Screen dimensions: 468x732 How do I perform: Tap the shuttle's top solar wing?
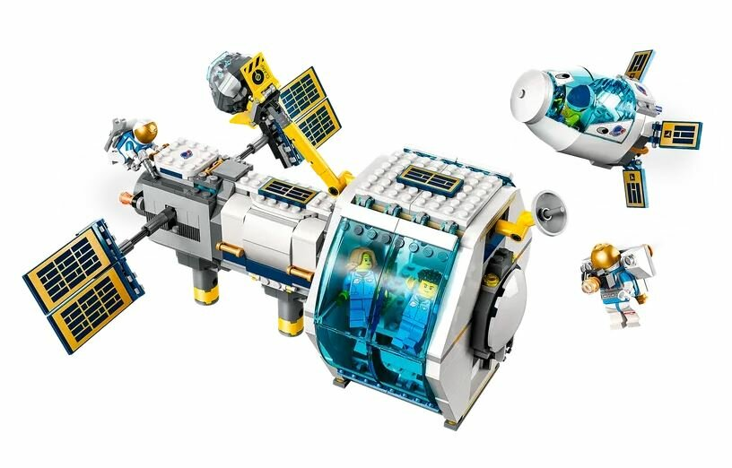point(639,65)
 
